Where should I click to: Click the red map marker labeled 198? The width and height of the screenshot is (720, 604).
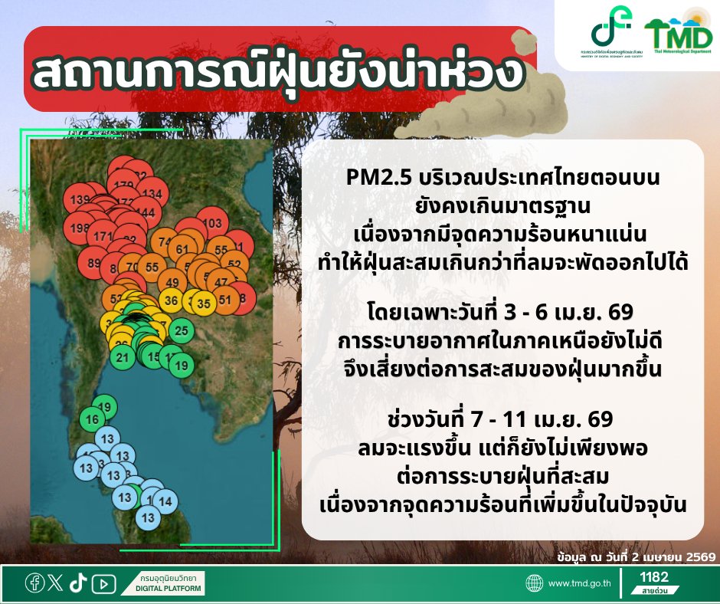(x=79, y=228)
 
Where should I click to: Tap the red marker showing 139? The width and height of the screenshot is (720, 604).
(x=80, y=201)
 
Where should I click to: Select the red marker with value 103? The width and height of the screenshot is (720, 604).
(x=214, y=224)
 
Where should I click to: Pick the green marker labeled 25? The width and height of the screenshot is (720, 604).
(x=182, y=331)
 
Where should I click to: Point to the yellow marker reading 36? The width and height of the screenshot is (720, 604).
(x=172, y=300)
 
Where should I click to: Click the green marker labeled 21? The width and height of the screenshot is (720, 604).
(x=123, y=356)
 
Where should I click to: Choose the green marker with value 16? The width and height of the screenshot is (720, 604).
(x=93, y=419)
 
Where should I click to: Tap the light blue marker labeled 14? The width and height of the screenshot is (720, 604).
(x=164, y=501)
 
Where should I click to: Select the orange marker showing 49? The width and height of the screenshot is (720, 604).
(x=172, y=281)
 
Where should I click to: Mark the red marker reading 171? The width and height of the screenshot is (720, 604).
(x=100, y=236)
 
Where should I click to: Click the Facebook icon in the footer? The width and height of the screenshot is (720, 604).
(x=34, y=583)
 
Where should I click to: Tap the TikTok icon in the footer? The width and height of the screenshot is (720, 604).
(x=77, y=583)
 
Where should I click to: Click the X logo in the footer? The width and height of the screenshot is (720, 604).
(x=55, y=583)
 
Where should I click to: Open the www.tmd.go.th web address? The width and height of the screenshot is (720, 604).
(x=579, y=584)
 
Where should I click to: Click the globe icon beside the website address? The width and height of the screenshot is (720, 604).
(x=535, y=584)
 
